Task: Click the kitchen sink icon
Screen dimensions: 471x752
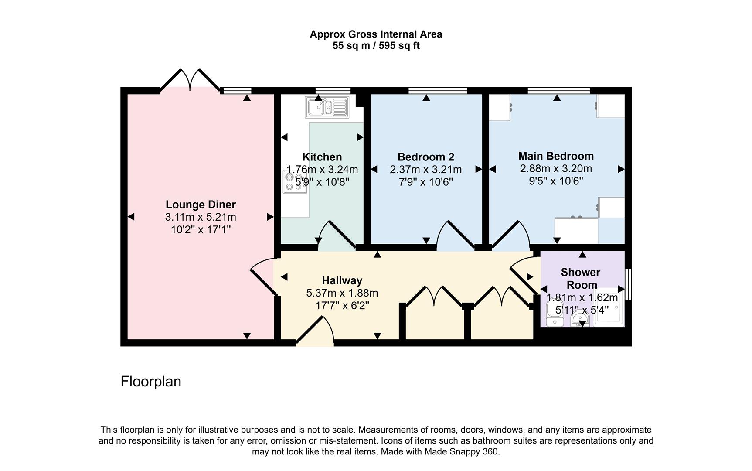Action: (327, 107)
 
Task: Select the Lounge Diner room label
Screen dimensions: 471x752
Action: (201, 205)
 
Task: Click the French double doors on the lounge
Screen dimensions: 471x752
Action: (190, 81)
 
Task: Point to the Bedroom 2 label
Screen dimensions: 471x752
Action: (425, 157)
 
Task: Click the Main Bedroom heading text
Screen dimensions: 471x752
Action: (556, 156)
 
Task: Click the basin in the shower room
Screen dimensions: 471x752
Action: (580, 318)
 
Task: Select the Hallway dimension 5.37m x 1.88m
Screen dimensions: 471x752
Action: (342, 293)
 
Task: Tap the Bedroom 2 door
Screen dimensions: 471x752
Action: (456, 236)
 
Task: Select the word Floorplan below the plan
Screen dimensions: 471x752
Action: (151, 382)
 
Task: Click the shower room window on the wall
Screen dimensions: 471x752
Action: (628, 284)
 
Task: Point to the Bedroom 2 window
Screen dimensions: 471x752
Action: (438, 91)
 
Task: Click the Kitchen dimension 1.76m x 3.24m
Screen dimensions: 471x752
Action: (322, 170)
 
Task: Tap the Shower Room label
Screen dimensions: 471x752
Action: (580, 278)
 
